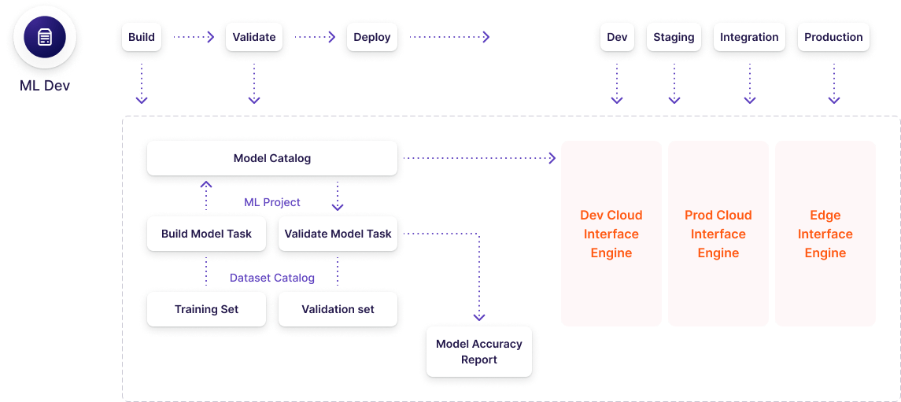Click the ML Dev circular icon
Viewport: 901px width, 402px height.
pos(45,38)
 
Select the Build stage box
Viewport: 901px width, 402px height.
pos(142,37)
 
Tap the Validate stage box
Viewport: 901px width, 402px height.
pos(254,37)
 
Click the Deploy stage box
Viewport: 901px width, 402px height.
pos(371,37)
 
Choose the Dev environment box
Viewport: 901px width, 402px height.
pos(617,37)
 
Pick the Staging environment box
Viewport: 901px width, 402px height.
pos(674,37)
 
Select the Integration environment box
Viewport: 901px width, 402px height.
pos(749,37)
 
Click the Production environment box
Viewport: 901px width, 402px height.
pos(833,37)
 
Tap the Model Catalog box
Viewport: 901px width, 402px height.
pos(272,158)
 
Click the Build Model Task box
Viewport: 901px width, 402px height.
pos(206,234)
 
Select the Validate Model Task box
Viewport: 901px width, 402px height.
pos(338,234)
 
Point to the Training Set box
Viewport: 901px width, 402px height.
pos(206,309)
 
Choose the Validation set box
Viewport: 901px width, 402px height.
pos(338,309)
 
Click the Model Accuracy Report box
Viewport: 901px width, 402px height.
pos(479,352)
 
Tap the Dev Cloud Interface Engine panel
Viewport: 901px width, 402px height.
pos(611,234)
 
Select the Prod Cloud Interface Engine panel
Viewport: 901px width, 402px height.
pos(718,234)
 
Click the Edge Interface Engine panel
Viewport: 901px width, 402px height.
pos(825,234)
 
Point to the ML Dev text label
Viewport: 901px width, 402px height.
pos(45,86)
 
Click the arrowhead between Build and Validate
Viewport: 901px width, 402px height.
pos(210,37)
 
